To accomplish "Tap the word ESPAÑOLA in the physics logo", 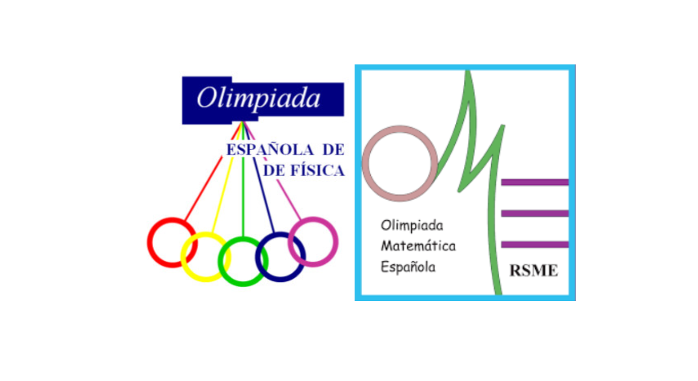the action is pos(270,150).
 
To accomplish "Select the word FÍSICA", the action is pos(317,171).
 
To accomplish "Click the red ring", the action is pos(149,242).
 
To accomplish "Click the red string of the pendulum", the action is pos(213,171).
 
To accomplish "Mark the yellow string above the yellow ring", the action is pos(227,177).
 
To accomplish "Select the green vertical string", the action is pos(243,179).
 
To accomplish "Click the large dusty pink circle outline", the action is pos(365,163).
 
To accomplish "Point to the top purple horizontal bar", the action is pos(535,182).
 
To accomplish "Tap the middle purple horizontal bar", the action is pos(535,213).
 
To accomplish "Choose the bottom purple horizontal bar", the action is pos(535,245).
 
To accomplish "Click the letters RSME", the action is pos(533,271).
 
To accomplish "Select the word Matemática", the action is pos(418,246).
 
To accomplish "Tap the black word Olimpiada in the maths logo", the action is pos(412,225).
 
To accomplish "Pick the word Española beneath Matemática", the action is pos(408,267).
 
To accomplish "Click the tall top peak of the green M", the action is pos(468,73).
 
